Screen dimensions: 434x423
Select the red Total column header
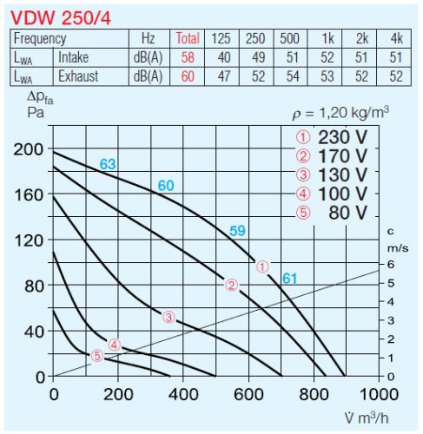point(188,38)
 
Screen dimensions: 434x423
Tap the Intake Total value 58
point(188,57)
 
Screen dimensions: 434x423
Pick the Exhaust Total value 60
point(188,76)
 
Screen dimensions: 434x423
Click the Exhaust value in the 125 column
point(222,76)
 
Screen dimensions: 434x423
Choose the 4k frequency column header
point(396,38)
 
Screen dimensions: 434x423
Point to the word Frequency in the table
point(40,38)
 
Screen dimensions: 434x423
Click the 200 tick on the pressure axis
point(29,148)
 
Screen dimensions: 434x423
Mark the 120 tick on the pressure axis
point(29,240)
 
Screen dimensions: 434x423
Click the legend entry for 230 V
point(333,137)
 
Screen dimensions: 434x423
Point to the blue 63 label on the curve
point(107,164)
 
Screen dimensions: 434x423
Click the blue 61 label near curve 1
point(289,278)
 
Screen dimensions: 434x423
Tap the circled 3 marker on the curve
point(169,317)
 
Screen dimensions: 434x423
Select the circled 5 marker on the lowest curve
point(97,355)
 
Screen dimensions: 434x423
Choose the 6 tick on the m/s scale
point(392,264)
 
